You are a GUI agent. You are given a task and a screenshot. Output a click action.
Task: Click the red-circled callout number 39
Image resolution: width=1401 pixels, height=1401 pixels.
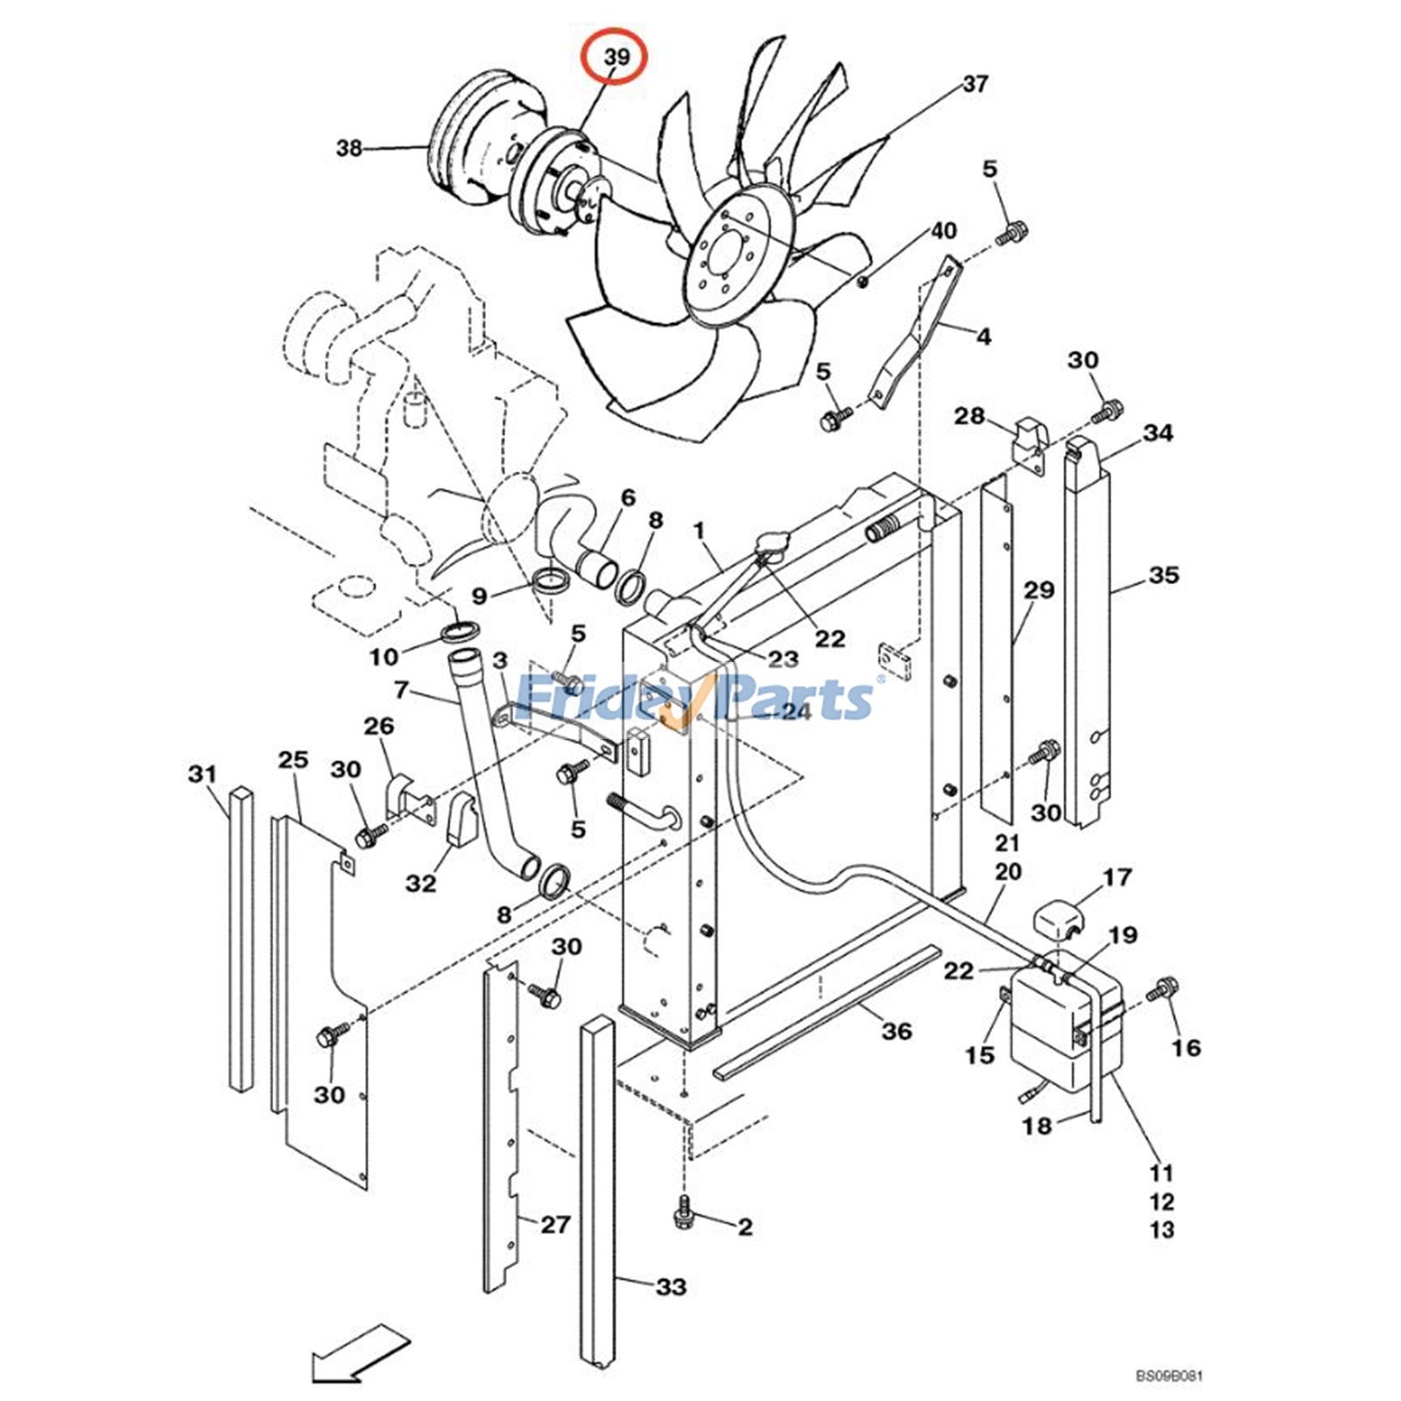tap(616, 57)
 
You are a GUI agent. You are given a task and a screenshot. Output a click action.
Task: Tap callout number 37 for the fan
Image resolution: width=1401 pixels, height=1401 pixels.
tap(975, 84)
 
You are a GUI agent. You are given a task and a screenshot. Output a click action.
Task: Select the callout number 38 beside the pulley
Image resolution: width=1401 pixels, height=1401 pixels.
tap(348, 148)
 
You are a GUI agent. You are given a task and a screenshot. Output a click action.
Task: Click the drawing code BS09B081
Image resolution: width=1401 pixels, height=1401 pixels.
tap(1170, 1376)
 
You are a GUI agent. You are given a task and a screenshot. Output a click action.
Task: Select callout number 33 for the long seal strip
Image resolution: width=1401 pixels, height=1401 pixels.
tap(672, 1287)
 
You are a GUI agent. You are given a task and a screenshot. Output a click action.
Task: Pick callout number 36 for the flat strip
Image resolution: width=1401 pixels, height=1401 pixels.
tap(897, 1031)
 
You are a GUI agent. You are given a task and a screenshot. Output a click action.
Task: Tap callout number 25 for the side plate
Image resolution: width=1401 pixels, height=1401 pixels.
tap(293, 759)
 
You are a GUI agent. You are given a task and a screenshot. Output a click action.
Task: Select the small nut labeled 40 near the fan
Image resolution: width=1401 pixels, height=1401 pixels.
tap(862, 281)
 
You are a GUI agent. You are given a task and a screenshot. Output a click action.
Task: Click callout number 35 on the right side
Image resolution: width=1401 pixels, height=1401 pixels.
tap(1164, 575)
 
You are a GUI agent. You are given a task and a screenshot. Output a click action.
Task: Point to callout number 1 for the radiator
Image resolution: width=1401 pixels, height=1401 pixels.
tap(698, 531)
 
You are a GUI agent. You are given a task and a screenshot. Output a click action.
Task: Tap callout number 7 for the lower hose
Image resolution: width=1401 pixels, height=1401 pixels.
tap(402, 691)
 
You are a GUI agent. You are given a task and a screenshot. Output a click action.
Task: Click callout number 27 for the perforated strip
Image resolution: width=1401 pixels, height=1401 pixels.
tap(555, 1224)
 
